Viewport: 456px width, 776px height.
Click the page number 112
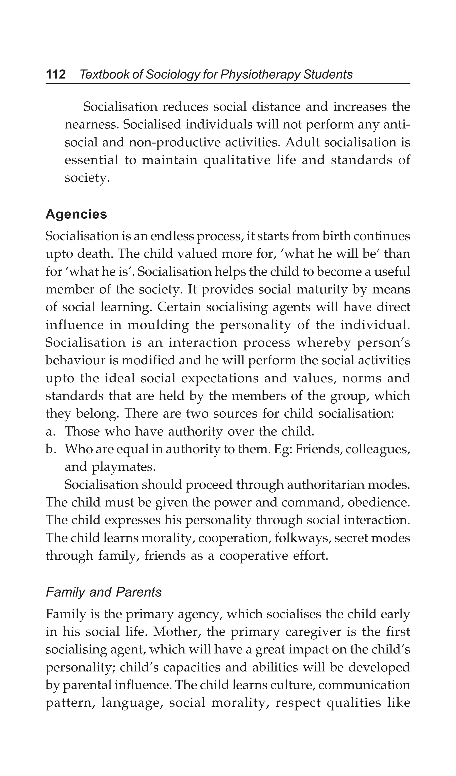pos(56,75)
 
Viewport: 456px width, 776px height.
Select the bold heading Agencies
pos(76,214)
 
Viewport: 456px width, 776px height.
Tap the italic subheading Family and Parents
pos(103,592)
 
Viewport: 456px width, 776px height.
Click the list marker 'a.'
pos(50,431)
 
